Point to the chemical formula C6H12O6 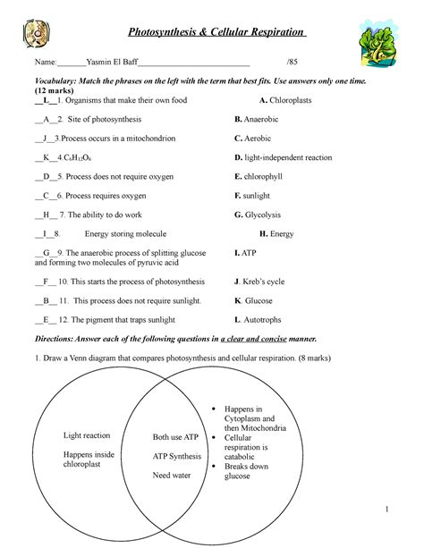click(x=74, y=157)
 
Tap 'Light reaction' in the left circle click(x=87, y=435)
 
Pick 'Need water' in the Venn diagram click(x=174, y=476)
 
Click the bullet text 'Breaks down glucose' click(x=250, y=471)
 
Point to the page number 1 click(x=391, y=510)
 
